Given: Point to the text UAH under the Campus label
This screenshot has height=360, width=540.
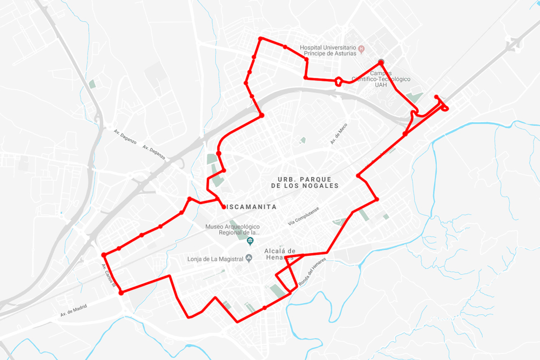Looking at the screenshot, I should (381, 85).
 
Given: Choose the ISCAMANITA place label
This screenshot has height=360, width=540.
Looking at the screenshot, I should (252, 207).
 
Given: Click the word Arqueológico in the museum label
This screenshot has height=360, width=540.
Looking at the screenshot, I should (245, 227).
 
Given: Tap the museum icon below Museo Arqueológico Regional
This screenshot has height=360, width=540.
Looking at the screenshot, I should (250, 241).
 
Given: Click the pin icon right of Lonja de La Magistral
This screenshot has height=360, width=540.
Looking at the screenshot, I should (249, 258).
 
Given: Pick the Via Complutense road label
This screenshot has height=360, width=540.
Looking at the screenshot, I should (304, 216).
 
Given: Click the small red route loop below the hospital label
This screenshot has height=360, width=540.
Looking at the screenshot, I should (339, 81).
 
